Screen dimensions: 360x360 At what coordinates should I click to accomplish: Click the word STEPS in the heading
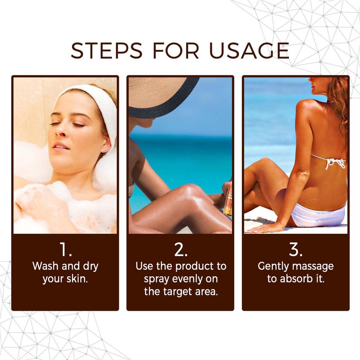click(x=107, y=51)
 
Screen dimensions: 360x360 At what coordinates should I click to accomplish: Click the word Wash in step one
click(x=46, y=266)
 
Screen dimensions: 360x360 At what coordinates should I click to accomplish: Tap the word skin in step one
click(x=76, y=279)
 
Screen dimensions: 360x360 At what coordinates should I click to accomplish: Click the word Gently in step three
click(x=273, y=266)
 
